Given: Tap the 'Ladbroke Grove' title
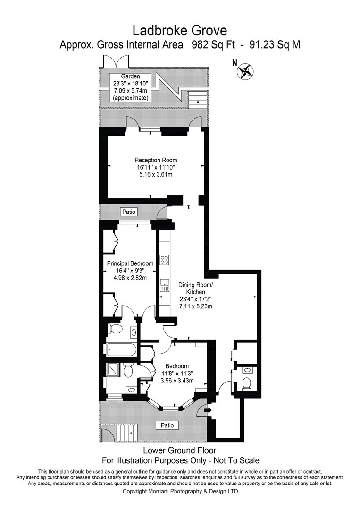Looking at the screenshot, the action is click(180, 31).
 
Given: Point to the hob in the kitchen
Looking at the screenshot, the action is click(165, 259).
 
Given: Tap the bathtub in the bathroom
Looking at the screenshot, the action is click(121, 350).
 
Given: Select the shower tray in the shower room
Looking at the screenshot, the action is click(114, 371).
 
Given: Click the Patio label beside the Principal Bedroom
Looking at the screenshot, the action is click(129, 212).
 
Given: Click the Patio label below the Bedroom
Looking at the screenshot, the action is click(167, 425).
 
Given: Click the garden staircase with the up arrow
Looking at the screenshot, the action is click(197, 100).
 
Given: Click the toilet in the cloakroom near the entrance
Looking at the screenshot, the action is click(247, 382).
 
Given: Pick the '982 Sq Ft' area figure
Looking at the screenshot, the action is click(213, 44).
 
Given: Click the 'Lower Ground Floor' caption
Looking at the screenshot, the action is click(180, 450).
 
